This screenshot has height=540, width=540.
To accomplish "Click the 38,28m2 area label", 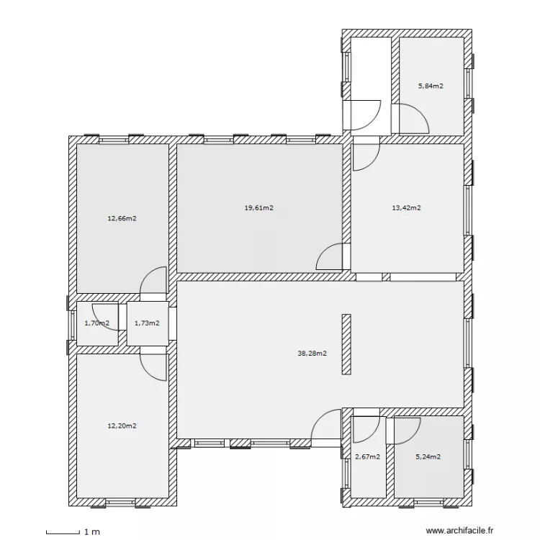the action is tap(312, 354).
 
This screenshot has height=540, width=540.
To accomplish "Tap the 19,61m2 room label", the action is tap(259, 207).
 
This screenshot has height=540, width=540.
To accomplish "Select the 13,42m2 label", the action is tap(406, 207).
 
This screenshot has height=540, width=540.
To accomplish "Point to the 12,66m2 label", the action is tap(122, 218).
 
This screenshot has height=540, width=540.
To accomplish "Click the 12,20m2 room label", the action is tap(122, 426).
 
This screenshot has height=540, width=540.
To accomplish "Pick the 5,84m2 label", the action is tap(431, 86).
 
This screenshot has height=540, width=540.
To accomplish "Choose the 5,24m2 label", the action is tap(428, 457).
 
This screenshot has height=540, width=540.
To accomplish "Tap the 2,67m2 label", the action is tap(367, 457).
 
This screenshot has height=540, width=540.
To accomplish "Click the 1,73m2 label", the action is tap(147, 323).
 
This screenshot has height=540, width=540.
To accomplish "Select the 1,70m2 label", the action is tap(96, 323).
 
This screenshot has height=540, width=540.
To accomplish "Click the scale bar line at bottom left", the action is tap(63, 533).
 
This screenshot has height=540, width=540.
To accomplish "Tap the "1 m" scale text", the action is tap(92, 532).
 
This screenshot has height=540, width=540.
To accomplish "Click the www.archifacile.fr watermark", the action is tap(460, 531).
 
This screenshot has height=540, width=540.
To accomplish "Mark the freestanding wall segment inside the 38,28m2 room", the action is tap(346, 344).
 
